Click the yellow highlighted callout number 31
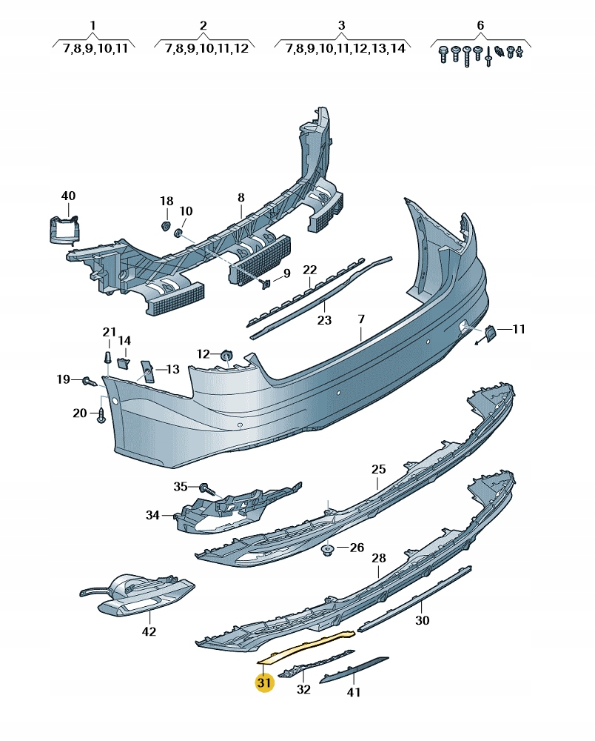click(x=264, y=682)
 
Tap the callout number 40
click(x=68, y=196)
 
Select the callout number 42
click(x=149, y=631)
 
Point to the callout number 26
click(x=357, y=548)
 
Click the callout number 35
click(x=181, y=487)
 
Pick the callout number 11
click(x=518, y=328)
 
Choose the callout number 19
click(x=64, y=379)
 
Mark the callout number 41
click(x=354, y=692)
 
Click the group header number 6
click(x=480, y=26)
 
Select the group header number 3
click(x=341, y=26)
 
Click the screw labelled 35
click(x=207, y=489)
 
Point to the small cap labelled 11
click(x=490, y=335)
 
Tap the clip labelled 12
click(x=226, y=357)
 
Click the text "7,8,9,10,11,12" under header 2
click(x=203, y=48)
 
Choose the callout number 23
click(x=324, y=320)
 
